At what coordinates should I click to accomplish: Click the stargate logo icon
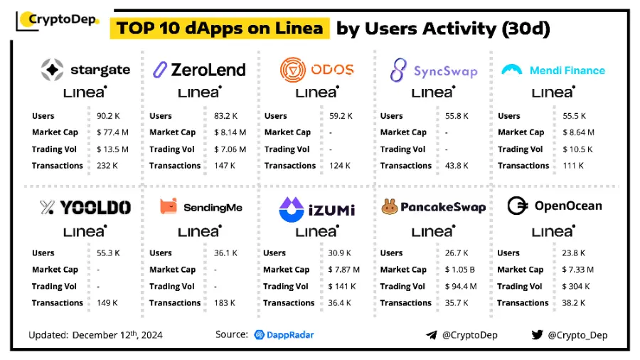click(x=53, y=70)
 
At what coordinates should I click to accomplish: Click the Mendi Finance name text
click(x=567, y=70)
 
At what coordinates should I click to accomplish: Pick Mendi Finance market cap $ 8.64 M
click(x=581, y=132)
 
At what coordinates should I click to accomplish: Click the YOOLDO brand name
click(x=95, y=208)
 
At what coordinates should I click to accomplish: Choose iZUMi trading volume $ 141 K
click(x=343, y=287)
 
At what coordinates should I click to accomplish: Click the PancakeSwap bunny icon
click(x=389, y=207)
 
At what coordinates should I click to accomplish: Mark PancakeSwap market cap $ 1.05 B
click(x=461, y=270)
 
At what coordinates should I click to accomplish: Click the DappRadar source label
click(x=284, y=334)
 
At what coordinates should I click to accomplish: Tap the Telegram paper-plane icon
click(x=431, y=335)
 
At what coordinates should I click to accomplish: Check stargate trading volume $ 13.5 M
click(x=112, y=149)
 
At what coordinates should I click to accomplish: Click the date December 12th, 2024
click(x=118, y=334)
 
